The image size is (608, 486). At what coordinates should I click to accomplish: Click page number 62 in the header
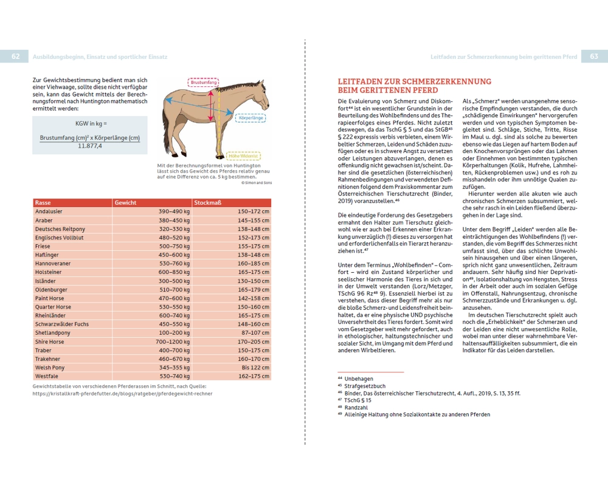point(15,56)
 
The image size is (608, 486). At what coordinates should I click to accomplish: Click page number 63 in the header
point(593,56)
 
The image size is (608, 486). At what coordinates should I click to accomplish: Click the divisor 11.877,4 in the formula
point(90,146)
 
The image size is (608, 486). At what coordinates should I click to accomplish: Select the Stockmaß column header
point(205,203)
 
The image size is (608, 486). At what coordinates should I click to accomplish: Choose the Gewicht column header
point(126,203)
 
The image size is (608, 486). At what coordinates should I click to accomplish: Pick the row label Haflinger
point(47,255)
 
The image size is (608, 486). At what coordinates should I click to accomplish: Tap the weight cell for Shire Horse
point(173,342)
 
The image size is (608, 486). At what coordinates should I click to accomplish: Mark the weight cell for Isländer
point(174,281)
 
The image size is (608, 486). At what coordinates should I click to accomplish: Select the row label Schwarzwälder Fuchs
point(62,324)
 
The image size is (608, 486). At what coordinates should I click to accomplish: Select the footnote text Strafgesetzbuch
point(365,386)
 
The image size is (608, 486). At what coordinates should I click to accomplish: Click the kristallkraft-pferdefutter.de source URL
point(122,393)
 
